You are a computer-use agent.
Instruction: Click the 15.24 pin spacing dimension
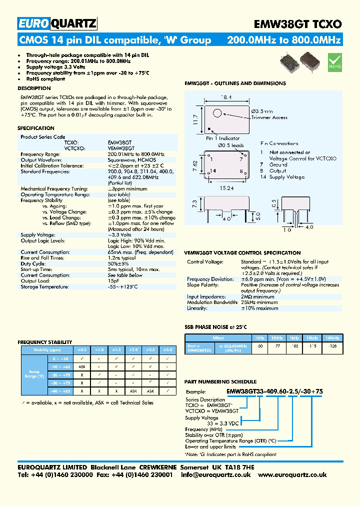pyautogui.click(x=225, y=188)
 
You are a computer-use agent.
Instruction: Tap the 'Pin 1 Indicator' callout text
pyautogui.click(x=223, y=138)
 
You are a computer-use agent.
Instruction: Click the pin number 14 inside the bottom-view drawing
pyautogui.click(x=213, y=170)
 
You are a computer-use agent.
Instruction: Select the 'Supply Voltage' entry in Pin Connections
pyautogui.click(x=286, y=177)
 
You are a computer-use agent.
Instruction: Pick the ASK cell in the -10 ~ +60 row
pyautogui.click(x=83, y=367)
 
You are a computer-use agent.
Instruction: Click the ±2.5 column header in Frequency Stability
pyautogui.click(x=150, y=349)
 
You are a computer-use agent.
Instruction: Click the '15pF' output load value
pyautogui.click(x=114, y=280)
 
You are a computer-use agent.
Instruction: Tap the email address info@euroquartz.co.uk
pyautogui.click(x=215, y=474)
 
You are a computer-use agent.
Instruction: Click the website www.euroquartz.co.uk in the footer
pyautogui.click(x=292, y=474)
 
